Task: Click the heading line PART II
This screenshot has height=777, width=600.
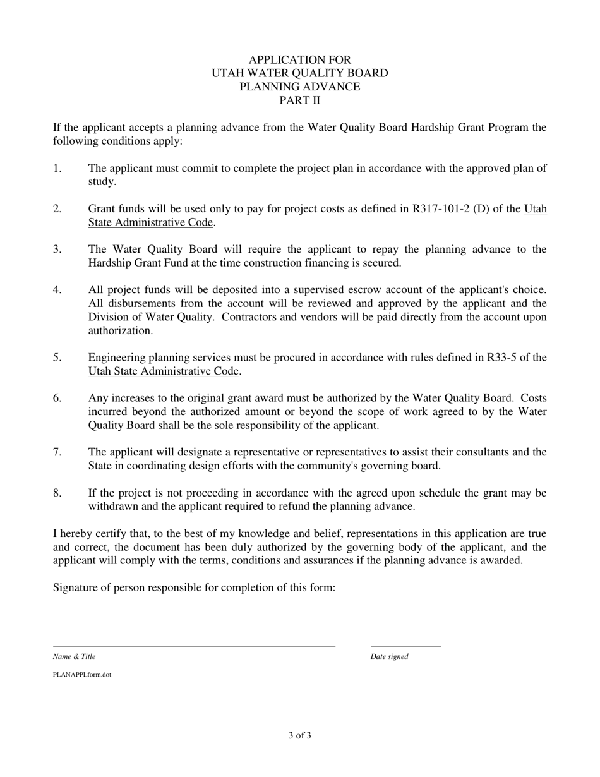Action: (x=299, y=100)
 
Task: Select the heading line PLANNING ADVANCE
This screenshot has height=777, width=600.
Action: (x=299, y=87)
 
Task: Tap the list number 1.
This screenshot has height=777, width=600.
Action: (x=57, y=168)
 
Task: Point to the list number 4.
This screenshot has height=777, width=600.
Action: (x=57, y=290)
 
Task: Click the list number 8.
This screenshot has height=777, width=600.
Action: (x=57, y=493)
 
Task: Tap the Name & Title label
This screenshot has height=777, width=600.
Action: (x=74, y=656)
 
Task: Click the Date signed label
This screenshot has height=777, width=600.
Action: (x=389, y=656)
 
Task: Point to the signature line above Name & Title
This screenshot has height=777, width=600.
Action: (x=194, y=647)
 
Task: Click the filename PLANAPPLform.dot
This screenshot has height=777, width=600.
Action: (x=82, y=675)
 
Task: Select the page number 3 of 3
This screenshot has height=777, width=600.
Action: (x=299, y=735)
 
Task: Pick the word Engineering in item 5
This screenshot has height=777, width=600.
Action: (x=116, y=358)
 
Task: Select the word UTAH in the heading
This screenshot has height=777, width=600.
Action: (x=228, y=73)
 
